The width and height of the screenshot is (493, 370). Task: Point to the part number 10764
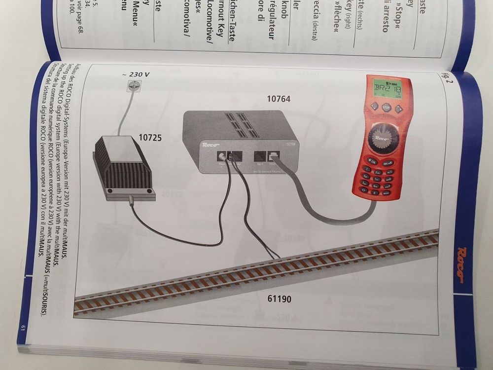point(279,99)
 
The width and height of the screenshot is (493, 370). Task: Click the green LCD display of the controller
point(388,89)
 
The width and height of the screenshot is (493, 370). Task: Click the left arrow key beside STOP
point(374,106)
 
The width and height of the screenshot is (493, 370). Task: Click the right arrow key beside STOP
point(398,109)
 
